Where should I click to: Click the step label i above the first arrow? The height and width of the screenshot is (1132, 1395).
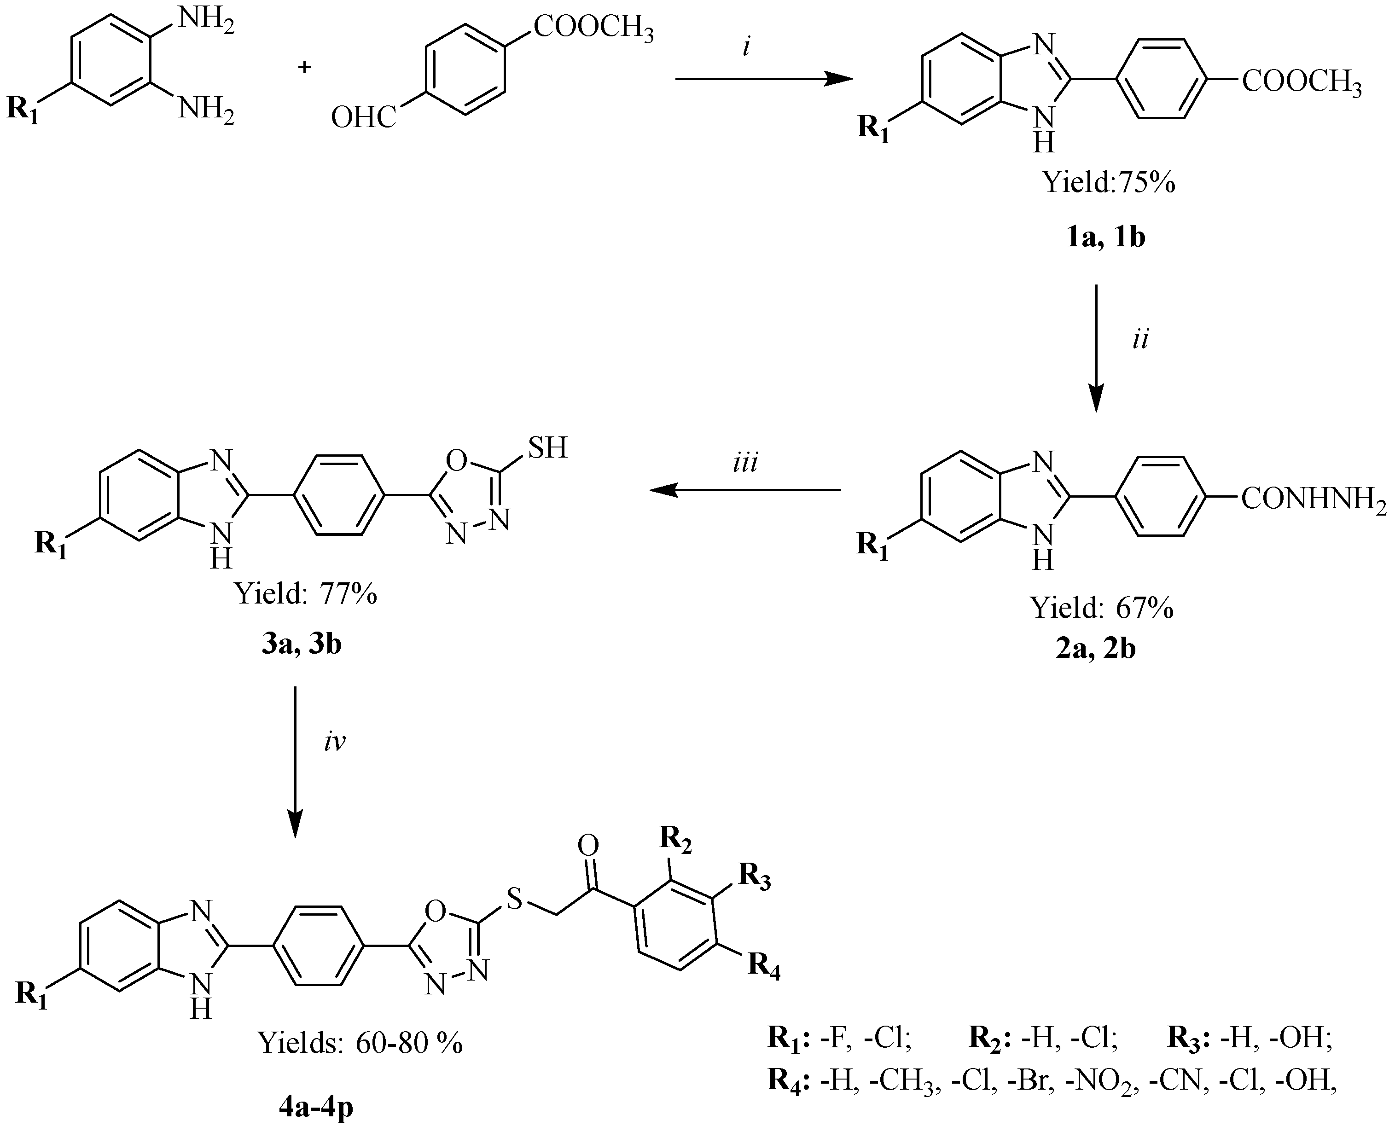(x=747, y=48)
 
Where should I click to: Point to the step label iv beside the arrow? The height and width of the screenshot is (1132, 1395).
(x=335, y=742)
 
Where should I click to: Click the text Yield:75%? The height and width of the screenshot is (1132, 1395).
(x=1109, y=183)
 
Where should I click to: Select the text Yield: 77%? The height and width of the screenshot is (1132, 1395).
(x=305, y=594)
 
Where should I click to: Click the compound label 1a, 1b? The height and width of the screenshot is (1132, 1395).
(x=1105, y=238)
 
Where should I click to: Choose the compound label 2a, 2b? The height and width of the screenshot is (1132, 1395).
(x=1096, y=650)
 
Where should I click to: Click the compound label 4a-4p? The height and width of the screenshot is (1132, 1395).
(x=316, y=1108)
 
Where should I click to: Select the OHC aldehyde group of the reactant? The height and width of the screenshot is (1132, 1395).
(x=363, y=119)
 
